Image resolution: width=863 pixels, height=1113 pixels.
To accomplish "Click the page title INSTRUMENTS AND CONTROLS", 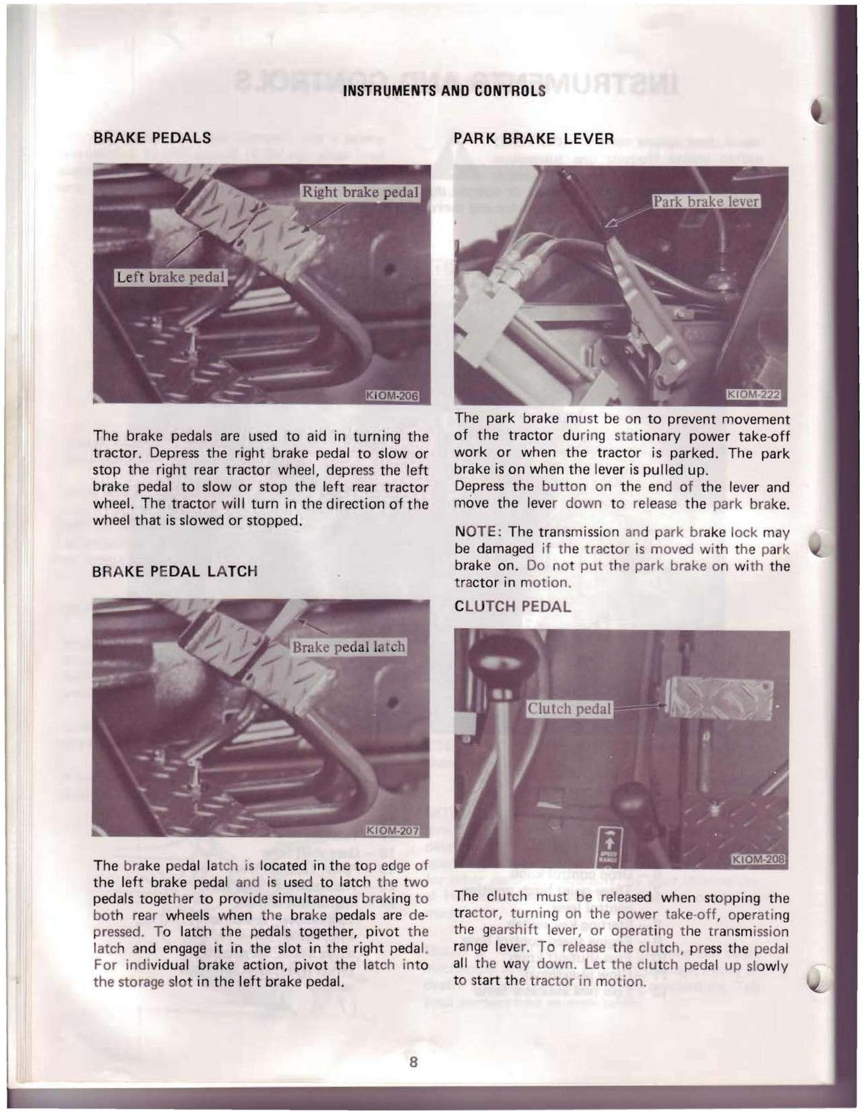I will coord(445,91).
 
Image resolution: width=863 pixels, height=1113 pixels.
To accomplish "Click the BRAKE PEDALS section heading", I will coord(152,138).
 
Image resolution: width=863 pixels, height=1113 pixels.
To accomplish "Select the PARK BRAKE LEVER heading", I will coord(533,138).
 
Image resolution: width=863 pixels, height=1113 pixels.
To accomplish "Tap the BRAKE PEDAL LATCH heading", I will coord(175,571).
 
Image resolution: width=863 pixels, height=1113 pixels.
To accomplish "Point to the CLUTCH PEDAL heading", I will coord(512,607).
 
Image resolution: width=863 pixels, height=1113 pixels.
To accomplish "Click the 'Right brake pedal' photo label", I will coord(360,192).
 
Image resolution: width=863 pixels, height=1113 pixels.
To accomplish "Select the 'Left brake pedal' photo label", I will coord(170,278).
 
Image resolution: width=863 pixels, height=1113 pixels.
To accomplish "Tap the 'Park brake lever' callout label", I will coord(705,202).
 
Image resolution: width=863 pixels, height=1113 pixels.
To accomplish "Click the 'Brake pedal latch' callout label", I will coord(348,647).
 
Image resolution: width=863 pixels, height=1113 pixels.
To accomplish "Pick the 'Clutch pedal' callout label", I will coord(569,709).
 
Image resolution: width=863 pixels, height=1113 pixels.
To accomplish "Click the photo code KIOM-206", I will coord(392,397).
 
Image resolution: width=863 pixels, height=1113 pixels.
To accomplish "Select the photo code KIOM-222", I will coord(752,396).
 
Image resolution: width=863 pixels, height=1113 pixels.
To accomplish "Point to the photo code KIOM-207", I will coord(392,830).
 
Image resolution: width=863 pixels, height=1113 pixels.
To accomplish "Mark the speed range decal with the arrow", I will coord(609,844).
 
